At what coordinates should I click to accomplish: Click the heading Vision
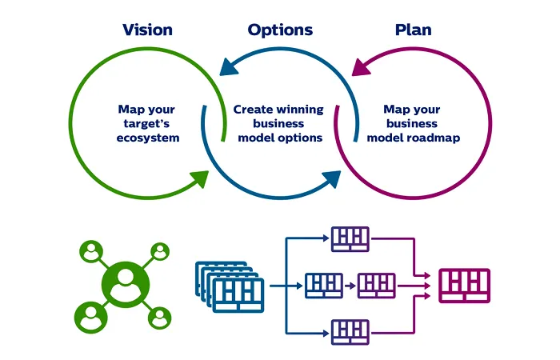147,30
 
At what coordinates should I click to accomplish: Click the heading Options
280,30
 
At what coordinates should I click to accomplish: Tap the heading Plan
414,30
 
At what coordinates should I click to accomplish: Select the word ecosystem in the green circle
148,138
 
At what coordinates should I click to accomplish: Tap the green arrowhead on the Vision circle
200,178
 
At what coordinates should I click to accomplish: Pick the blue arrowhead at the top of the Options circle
229,66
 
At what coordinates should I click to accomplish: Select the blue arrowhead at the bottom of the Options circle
332,178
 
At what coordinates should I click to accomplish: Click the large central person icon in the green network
126,285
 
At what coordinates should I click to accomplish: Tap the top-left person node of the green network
91,251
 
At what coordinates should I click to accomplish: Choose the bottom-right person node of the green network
159,318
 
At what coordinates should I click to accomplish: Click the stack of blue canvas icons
230,287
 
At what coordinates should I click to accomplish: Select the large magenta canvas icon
464,286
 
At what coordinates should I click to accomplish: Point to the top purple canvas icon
350,239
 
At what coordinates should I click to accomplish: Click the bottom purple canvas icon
350,332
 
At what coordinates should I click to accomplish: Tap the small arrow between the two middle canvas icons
350,286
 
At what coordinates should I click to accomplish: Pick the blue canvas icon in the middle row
324,286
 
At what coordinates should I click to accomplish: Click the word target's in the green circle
146,123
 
